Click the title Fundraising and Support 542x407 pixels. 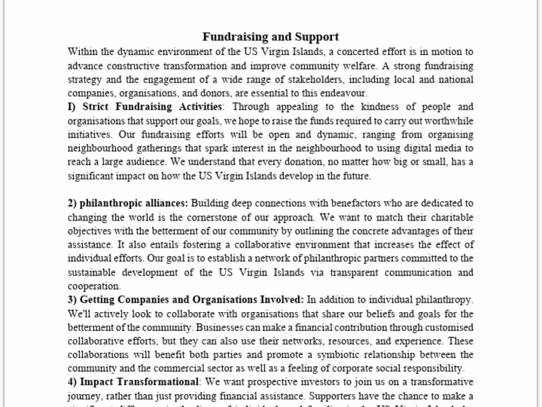click(x=271, y=37)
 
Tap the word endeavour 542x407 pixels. click(x=343, y=93)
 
